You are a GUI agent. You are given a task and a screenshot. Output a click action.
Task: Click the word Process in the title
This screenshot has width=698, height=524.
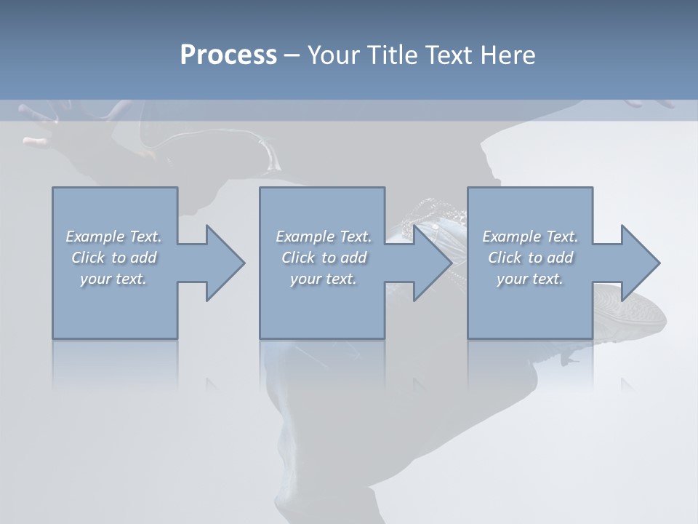(x=228, y=55)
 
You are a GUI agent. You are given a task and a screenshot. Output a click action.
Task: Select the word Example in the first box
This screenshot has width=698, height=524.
(x=95, y=237)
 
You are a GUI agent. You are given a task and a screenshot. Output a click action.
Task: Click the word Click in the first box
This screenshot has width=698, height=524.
(x=88, y=258)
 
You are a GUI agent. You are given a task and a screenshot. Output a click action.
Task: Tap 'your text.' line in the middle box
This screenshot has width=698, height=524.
(x=323, y=279)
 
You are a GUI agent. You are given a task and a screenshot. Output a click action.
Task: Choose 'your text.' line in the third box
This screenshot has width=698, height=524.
(x=529, y=279)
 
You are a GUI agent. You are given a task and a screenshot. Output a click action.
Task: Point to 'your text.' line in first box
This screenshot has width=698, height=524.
(x=113, y=279)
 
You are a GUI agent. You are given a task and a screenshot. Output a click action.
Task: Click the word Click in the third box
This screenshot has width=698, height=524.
(x=505, y=258)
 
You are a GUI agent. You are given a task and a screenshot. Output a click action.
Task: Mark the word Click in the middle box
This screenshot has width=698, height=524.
(x=298, y=258)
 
